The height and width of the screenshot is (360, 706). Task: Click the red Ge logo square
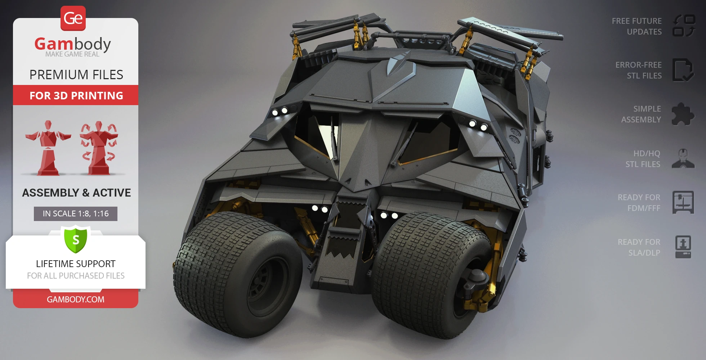point(73,18)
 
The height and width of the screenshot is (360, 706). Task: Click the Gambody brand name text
point(72,44)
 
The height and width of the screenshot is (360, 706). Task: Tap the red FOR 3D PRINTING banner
point(76,95)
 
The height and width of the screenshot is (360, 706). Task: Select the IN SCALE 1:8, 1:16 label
point(76,213)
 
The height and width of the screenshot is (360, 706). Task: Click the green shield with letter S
point(76,239)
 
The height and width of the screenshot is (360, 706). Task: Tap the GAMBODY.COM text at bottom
point(76,299)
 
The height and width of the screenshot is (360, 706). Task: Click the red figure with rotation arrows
point(99,148)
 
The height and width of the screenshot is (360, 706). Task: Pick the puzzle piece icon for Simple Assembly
point(682,114)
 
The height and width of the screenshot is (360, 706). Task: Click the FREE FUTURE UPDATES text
point(636,26)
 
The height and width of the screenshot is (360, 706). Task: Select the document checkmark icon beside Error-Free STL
point(683,70)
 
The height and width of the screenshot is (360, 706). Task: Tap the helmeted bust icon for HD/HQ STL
point(683,159)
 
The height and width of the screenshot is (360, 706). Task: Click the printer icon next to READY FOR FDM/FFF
point(683,203)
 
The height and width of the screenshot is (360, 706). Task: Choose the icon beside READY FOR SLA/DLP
point(683,247)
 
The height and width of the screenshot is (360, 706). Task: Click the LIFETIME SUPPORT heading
point(76,264)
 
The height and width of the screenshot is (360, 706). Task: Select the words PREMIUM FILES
point(76,75)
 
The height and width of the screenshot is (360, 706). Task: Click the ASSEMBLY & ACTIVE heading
point(76,193)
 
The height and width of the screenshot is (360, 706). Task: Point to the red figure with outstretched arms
point(48,148)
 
